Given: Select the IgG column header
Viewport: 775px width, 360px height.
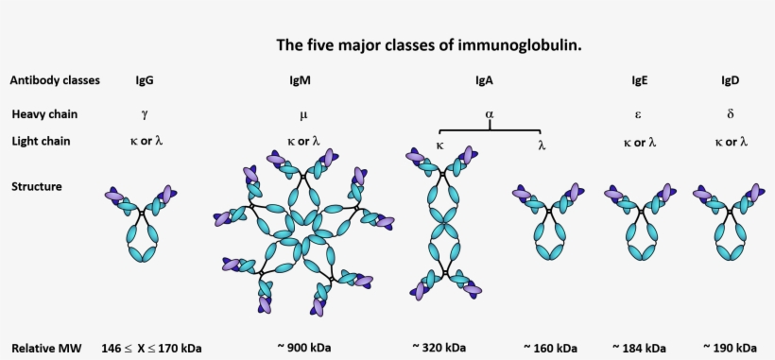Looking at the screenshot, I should click(x=145, y=80).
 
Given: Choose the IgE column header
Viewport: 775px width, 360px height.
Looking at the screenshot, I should click(x=639, y=80).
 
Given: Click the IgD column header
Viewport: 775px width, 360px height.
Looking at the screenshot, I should click(x=730, y=80).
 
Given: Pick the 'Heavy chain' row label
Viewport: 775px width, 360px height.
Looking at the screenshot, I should click(x=44, y=114).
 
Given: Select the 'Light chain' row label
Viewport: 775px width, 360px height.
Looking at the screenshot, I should click(x=42, y=141).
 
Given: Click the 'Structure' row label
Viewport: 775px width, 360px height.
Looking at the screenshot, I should click(x=37, y=186).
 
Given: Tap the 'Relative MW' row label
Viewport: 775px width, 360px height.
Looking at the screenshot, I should click(x=43, y=346).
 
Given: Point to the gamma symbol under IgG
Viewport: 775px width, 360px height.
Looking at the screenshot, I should click(x=144, y=114).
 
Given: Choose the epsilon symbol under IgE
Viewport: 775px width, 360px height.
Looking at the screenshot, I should click(x=639, y=114).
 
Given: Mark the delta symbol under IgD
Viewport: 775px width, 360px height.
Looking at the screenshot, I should click(x=730, y=114).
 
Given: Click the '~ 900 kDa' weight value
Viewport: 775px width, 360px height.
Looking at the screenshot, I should click(x=305, y=346).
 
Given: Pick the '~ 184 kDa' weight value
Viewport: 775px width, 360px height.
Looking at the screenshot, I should click(x=639, y=346).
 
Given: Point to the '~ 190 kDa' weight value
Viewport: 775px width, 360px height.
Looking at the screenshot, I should click(x=730, y=346).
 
